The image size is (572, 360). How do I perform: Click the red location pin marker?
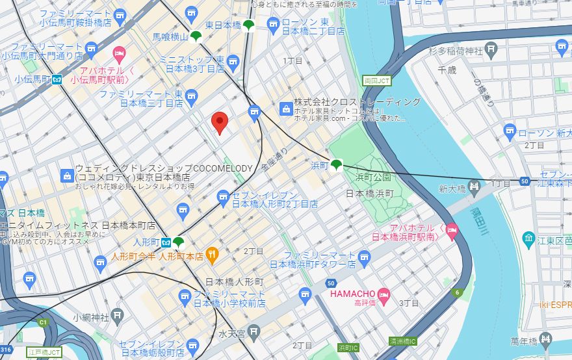click(x=220, y=122)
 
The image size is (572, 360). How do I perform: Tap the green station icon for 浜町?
click(x=336, y=165)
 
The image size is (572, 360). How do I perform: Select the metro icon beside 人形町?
click(x=166, y=242)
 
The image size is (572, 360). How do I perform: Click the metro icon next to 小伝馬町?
click(x=57, y=79)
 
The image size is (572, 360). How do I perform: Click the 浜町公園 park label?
click(x=373, y=177)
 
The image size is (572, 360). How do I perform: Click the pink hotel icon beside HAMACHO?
click(x=383, y=294)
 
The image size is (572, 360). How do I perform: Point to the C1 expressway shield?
click(x=44, y=322)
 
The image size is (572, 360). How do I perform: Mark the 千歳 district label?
click(x=447, y=69)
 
